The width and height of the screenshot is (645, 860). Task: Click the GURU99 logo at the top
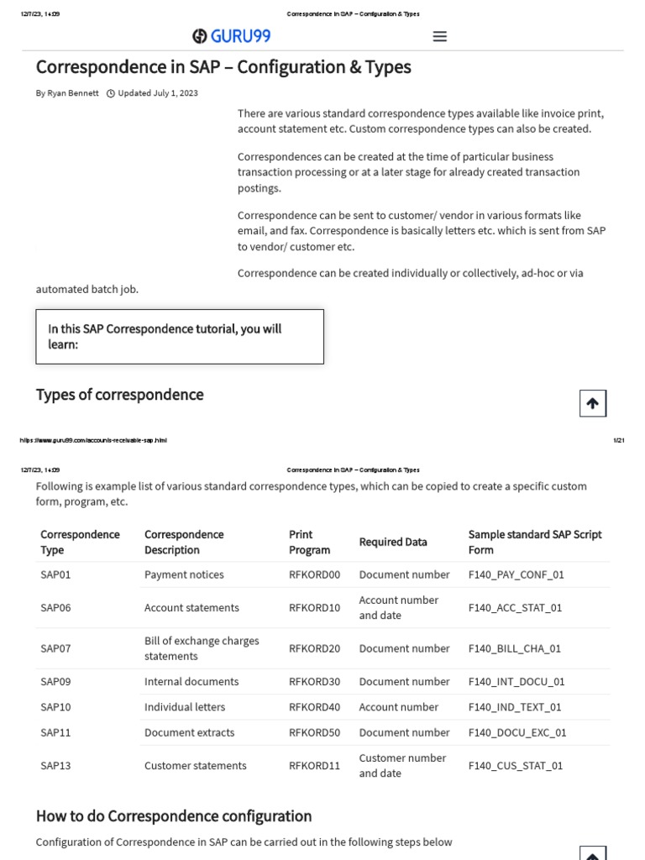pyautogui.click(x=231, y=36)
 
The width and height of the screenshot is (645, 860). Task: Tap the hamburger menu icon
pyautogui.click(x=439, y=36)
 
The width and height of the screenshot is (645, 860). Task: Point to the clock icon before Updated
pyautogui.click(x=111, y=93)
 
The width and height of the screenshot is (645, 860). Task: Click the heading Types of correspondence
pyautogui.click(x=119, y=395)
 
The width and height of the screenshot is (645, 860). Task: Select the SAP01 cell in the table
pyautogui.click(x=55, y=574)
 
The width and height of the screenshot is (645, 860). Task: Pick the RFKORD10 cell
pyautogui.click(x=314, y=607)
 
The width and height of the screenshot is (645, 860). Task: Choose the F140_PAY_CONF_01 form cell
pyautogui.click(x=516, y=574)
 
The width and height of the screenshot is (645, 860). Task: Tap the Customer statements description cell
pyautogui.click(x=195, y=765)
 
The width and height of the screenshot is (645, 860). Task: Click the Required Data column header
pyautogui.click(x=392, y=542)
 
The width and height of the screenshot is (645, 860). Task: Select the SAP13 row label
pyautogui.click(x=55, y=765)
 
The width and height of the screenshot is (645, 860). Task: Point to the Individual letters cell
pyautogui.click(x=185, y=706)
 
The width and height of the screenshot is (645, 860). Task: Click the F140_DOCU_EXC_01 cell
pyautogui.click(x=517, y=732)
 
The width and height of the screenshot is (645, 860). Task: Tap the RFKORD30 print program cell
pyautogui.click(x=314, y=681)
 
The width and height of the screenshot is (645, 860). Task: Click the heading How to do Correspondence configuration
pyautogui.click(x=173, y=815)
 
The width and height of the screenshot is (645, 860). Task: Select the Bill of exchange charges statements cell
pyautogui.click(x=202, y=648)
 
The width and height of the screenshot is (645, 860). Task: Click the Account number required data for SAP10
pyautogui.click(x=398, y=706)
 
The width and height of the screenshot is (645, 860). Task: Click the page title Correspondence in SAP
pyautogui.click(x=223, y=66)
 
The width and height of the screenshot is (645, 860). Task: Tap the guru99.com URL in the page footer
pyautogui.click(x=92, y=440)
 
